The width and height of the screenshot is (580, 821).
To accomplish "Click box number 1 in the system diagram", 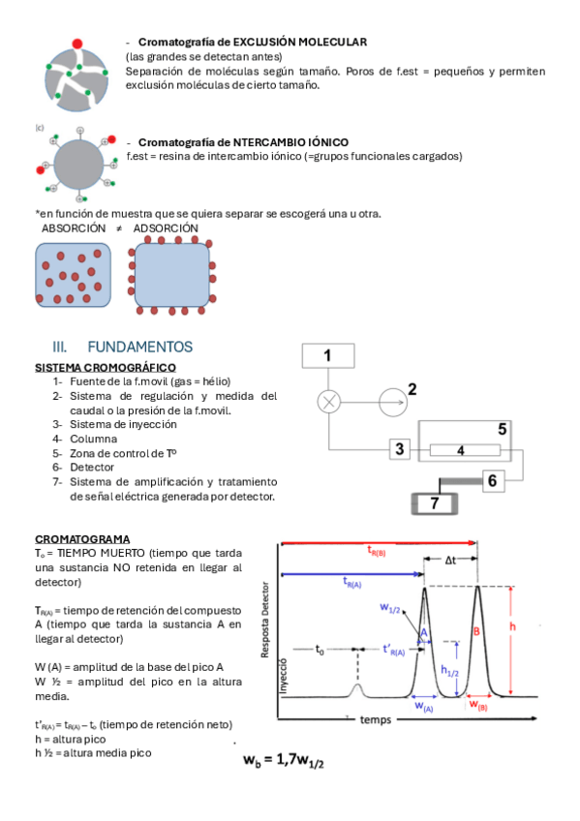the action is tap(328, 355).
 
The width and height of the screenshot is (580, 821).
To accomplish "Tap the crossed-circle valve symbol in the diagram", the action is tap(329, 402).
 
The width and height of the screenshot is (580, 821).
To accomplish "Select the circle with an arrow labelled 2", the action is tap(393, 402).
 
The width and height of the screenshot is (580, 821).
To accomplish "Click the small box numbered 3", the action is tap(399, 448).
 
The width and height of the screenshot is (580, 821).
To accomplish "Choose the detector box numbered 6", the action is tap(493, 480).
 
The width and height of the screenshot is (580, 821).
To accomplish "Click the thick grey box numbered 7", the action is tap(435, 503).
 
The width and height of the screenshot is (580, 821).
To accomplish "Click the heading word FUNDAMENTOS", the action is tap(139, 347).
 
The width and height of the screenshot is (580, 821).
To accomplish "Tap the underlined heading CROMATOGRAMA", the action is tap(82, 538).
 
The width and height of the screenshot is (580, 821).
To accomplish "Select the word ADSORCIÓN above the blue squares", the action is tap(166, 228).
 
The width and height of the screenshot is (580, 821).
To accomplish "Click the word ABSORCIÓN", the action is tap(74, 228).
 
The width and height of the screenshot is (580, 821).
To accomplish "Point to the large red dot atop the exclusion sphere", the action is tap(76, 44).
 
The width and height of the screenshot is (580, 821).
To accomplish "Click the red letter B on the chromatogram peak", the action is tap(476, 631).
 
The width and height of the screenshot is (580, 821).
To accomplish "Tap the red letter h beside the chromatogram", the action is tap(512, 626).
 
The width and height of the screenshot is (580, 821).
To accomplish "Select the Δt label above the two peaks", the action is tap(450, 561).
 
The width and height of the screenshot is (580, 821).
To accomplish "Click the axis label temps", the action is tap(376, 720).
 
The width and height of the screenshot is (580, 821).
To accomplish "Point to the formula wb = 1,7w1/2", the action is tap(283, 760).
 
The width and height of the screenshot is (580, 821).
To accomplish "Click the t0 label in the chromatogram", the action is tap(320, 650).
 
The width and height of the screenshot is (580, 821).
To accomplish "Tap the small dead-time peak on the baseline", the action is tap(357, 690).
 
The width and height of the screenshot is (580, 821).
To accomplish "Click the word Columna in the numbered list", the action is tap(94, 439).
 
